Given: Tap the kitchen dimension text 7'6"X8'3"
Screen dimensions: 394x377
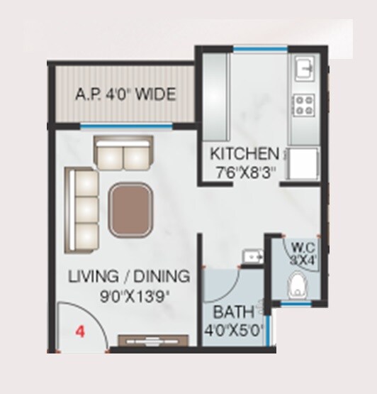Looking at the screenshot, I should (x=245, y=170).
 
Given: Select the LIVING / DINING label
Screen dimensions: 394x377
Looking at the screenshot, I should (x=129, y=276).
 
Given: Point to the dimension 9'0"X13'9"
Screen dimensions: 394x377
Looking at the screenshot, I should (x=130, y=292).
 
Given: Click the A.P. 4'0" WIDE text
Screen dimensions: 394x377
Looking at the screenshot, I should (x=125, y=94).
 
